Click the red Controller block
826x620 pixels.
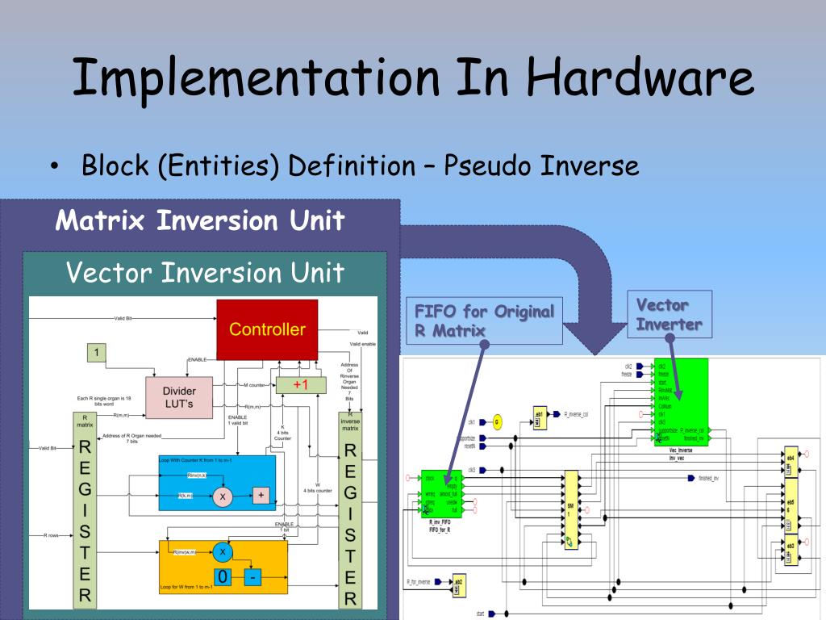point(267,329)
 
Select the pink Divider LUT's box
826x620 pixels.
point(179,397)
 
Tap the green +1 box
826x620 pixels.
point(301,385)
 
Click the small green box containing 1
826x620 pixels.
point(96,353)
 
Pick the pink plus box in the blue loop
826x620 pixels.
point(261,495)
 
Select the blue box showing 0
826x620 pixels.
point(223,577)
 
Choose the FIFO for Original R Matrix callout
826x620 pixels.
point(485,320)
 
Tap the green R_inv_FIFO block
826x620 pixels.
point(440,494)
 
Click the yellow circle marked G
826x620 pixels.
point(497,421)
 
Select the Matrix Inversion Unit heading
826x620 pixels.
point(200,220)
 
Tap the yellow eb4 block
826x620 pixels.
point(791,462)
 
